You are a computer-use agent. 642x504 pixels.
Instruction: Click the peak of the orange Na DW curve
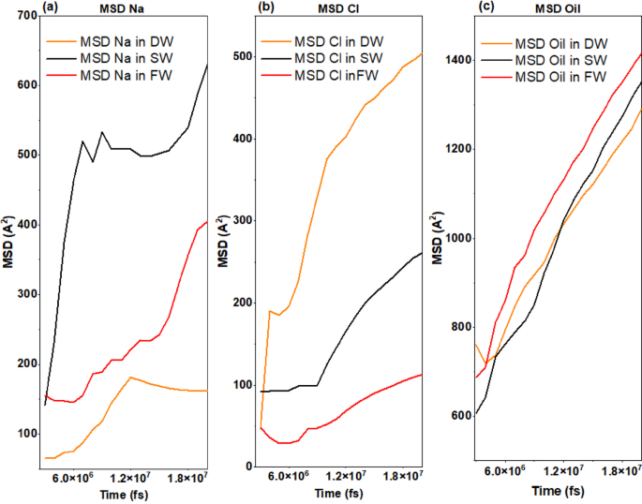[x=130, y=378]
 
